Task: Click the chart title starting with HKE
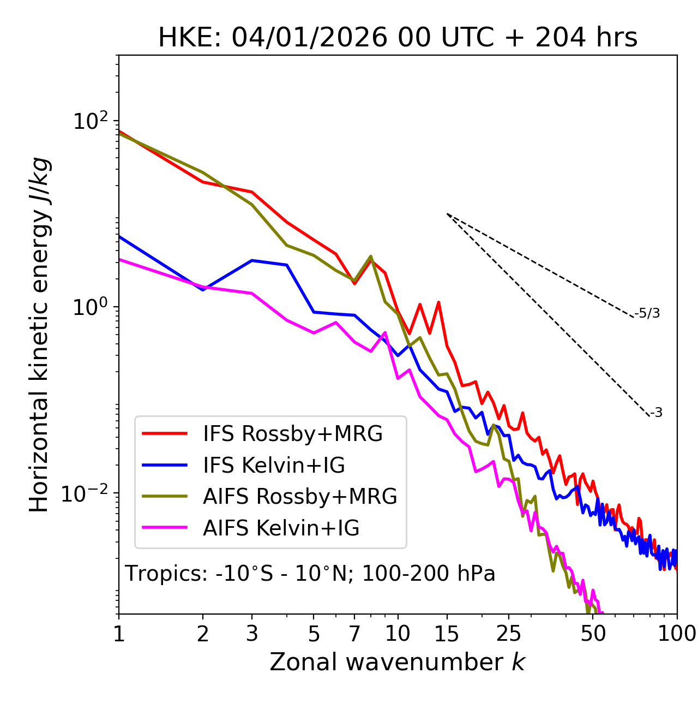coord(398,38)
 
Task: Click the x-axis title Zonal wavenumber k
coord(397,662)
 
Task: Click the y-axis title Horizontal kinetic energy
coord(40,335)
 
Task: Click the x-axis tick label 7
coord(354,633)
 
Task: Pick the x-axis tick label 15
coord(447,633)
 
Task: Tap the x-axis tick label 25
coord(509,633)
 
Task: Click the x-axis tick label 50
coord(593,633)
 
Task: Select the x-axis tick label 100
coord(676,633)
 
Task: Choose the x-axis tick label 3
coord(252,633)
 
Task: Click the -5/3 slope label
coord(647,313)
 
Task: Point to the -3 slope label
coord(656,413)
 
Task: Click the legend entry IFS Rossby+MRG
coord(292,434)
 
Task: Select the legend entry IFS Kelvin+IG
coord(274,465)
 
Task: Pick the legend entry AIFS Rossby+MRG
coord(300,497)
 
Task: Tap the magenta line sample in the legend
coord(165,528)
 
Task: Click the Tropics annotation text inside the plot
coord(310,574)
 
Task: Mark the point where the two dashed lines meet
coord(447,214)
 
